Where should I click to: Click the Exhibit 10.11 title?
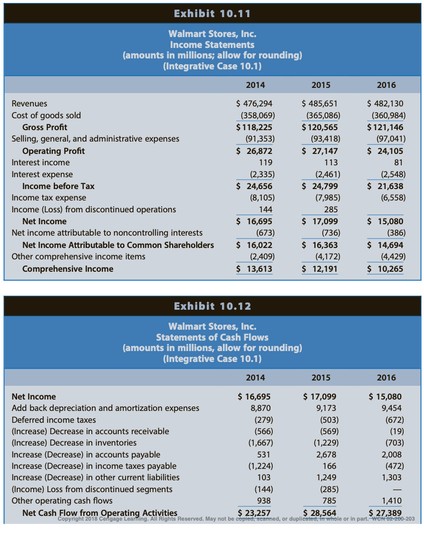tap(212, 14)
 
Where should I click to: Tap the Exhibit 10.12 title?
tap(212, 306)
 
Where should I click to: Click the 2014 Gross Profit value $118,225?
tap(254, 127)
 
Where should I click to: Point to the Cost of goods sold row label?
tap(46, 115)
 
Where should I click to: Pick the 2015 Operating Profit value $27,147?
tap(320, 151)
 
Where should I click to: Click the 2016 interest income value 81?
tap(398, 162)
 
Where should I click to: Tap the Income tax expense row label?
tap(49, 198)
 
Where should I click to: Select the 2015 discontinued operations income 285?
tap(331, 209)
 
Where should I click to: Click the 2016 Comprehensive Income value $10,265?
tap(385, 269)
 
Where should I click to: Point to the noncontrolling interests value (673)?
tap(265, 233)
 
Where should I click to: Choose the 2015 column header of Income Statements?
tap(321, 85)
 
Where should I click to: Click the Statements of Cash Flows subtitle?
tap(212, 337)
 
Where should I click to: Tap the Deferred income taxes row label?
tap(54, 420)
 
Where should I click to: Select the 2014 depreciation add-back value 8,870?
tap(260, 408)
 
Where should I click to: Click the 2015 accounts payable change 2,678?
tap(326, 455)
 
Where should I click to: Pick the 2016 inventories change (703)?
tap(395, 443)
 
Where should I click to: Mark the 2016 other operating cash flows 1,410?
tap(392, 501)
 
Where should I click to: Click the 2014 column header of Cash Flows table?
tap(255, 378)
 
